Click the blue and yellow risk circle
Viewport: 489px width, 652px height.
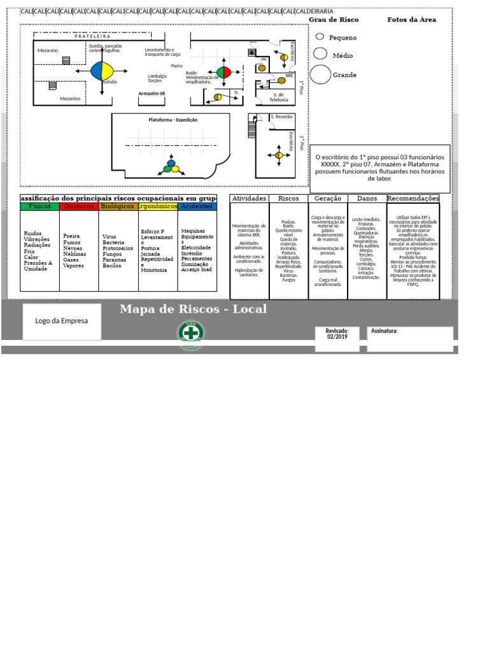(x=101, y=71)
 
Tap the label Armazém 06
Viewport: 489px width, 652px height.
(x=152, y=93)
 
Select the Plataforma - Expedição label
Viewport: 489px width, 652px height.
(x=173, y=120)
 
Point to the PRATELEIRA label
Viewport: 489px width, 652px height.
(x=92, y=36)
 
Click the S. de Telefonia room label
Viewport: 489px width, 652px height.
(x=279, y=97)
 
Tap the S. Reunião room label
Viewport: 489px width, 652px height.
(x=281, y=117)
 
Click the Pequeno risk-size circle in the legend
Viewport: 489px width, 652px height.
(x=320, y=37)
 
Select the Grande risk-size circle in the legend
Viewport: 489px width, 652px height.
(x=321, y=74)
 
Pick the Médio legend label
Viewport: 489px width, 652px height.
(x=343, y=55)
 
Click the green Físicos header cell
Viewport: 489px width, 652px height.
(x=39, y=206)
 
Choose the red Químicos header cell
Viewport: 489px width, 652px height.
(x=79, y=206)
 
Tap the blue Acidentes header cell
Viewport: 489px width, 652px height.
(x=197, y=206)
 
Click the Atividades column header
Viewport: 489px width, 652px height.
(x=249, y=199)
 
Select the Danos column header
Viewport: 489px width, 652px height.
(x=367, y=199)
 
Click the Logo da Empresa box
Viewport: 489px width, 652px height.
(x=62, y=322)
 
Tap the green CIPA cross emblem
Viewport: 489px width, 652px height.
(x=190, y=334)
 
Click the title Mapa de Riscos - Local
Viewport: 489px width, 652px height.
(x=193, y=309)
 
